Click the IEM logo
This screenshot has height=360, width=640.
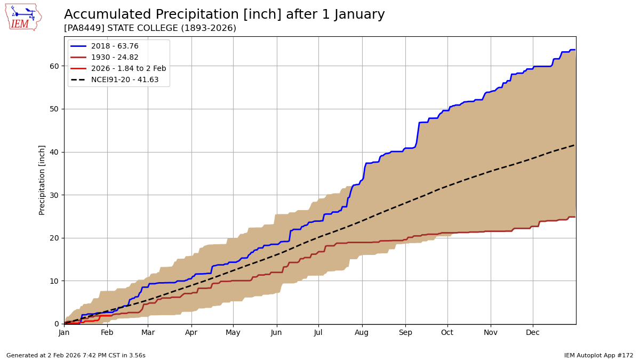tap(23, 17)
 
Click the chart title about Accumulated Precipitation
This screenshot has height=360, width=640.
tap(224, 14)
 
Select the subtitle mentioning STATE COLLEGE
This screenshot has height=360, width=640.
tap(150, 28)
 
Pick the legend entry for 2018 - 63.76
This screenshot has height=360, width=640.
tap(115, 46)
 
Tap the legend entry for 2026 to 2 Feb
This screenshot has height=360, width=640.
tap(128, 69)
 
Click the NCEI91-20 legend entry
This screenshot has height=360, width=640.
tap(125, 80)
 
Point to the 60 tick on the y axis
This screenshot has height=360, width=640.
tap(55, 66)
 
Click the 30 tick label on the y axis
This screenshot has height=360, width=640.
tap(55, 195)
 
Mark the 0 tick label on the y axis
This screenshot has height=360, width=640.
tap(57, 324)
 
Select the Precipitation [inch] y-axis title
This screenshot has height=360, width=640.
tap(42, 180)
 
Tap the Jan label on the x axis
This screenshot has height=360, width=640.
tap(64, 333)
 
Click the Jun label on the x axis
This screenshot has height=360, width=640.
tap(276, 333)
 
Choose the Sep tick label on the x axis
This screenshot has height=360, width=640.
tap(405, 333)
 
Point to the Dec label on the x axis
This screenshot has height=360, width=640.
tap(533, 333)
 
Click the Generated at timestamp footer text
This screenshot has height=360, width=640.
tap(76, 355)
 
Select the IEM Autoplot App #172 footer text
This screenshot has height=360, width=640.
tap(598, 355)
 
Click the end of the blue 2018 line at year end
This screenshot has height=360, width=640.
tap(574, 50)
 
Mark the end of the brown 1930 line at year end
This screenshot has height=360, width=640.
tap(574, 217)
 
